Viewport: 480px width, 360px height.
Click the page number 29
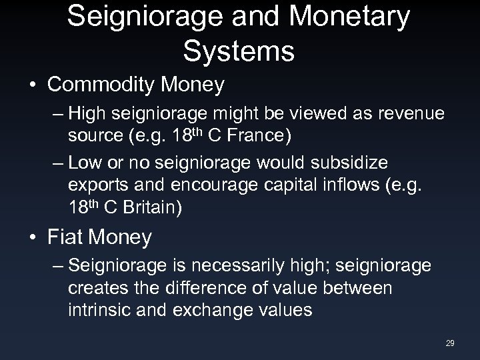tap(449, 343)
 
